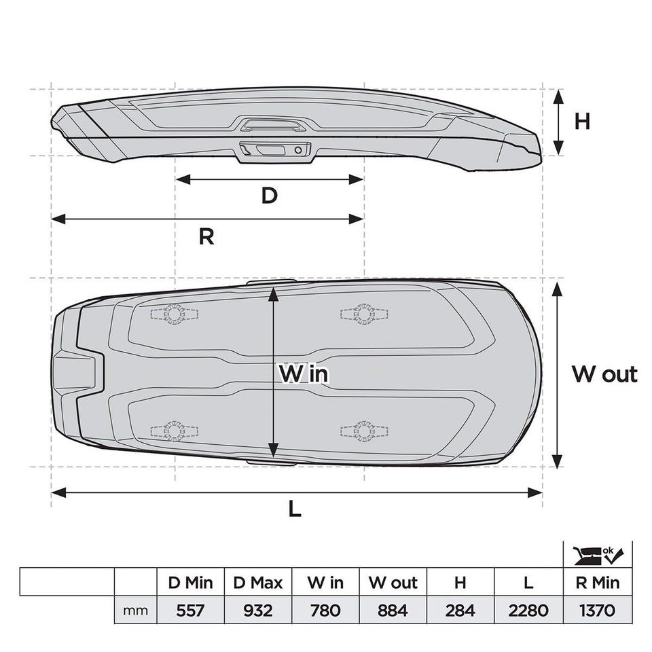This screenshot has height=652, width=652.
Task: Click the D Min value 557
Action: [190, 610]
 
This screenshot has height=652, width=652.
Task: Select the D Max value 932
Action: [257, 610]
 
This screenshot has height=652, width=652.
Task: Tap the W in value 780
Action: [325, 610]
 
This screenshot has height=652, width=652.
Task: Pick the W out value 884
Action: [393, 610]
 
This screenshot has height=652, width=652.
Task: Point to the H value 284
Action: [460, 610]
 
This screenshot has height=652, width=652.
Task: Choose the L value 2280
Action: [528, 610]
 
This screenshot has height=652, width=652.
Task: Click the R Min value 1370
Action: [597, 610]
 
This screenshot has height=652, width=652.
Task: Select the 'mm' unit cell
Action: [135, 611]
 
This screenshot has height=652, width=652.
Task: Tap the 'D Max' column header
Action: [258, 583]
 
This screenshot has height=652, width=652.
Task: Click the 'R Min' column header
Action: [598, 583]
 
